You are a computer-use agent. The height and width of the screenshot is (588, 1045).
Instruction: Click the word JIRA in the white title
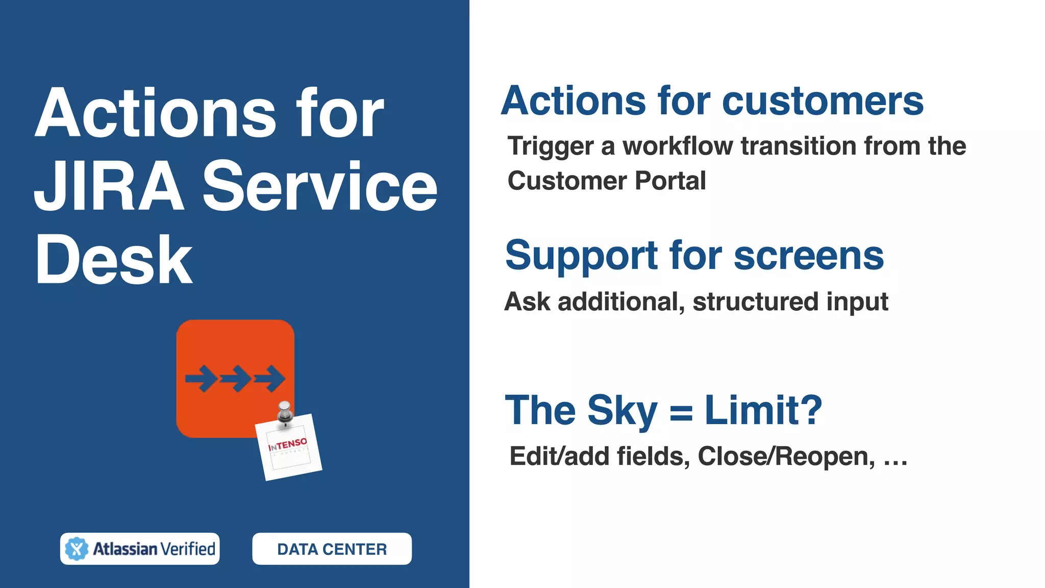click(x=109, y=186)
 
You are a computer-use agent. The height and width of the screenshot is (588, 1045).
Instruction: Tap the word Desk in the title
click(x=113, y=260)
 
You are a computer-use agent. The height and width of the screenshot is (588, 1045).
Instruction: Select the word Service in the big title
click(x=320, y=186)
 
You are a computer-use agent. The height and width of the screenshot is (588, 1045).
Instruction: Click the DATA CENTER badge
click(x=332, y=549)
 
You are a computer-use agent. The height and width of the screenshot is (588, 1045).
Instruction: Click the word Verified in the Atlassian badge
click(x=188, y=549)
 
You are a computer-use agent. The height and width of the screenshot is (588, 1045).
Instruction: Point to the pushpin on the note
click(x=284, y=411)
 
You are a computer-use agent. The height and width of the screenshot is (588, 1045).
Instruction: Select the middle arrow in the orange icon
click(x=235, y=379)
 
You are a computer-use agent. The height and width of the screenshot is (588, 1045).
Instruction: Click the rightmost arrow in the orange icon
click(x=270, y=379)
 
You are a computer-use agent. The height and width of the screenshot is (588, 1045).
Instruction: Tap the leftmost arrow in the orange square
click(x=201, y=379)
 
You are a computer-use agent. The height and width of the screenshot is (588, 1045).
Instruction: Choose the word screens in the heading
click(x=809, y=256)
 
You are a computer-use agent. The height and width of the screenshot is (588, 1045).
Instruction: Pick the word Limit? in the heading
click(x=763, y=410)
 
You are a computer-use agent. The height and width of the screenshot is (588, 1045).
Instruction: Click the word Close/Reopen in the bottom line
click(x=786, y=456)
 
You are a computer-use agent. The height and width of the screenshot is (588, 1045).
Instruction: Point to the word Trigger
click(x=551, y=147)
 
